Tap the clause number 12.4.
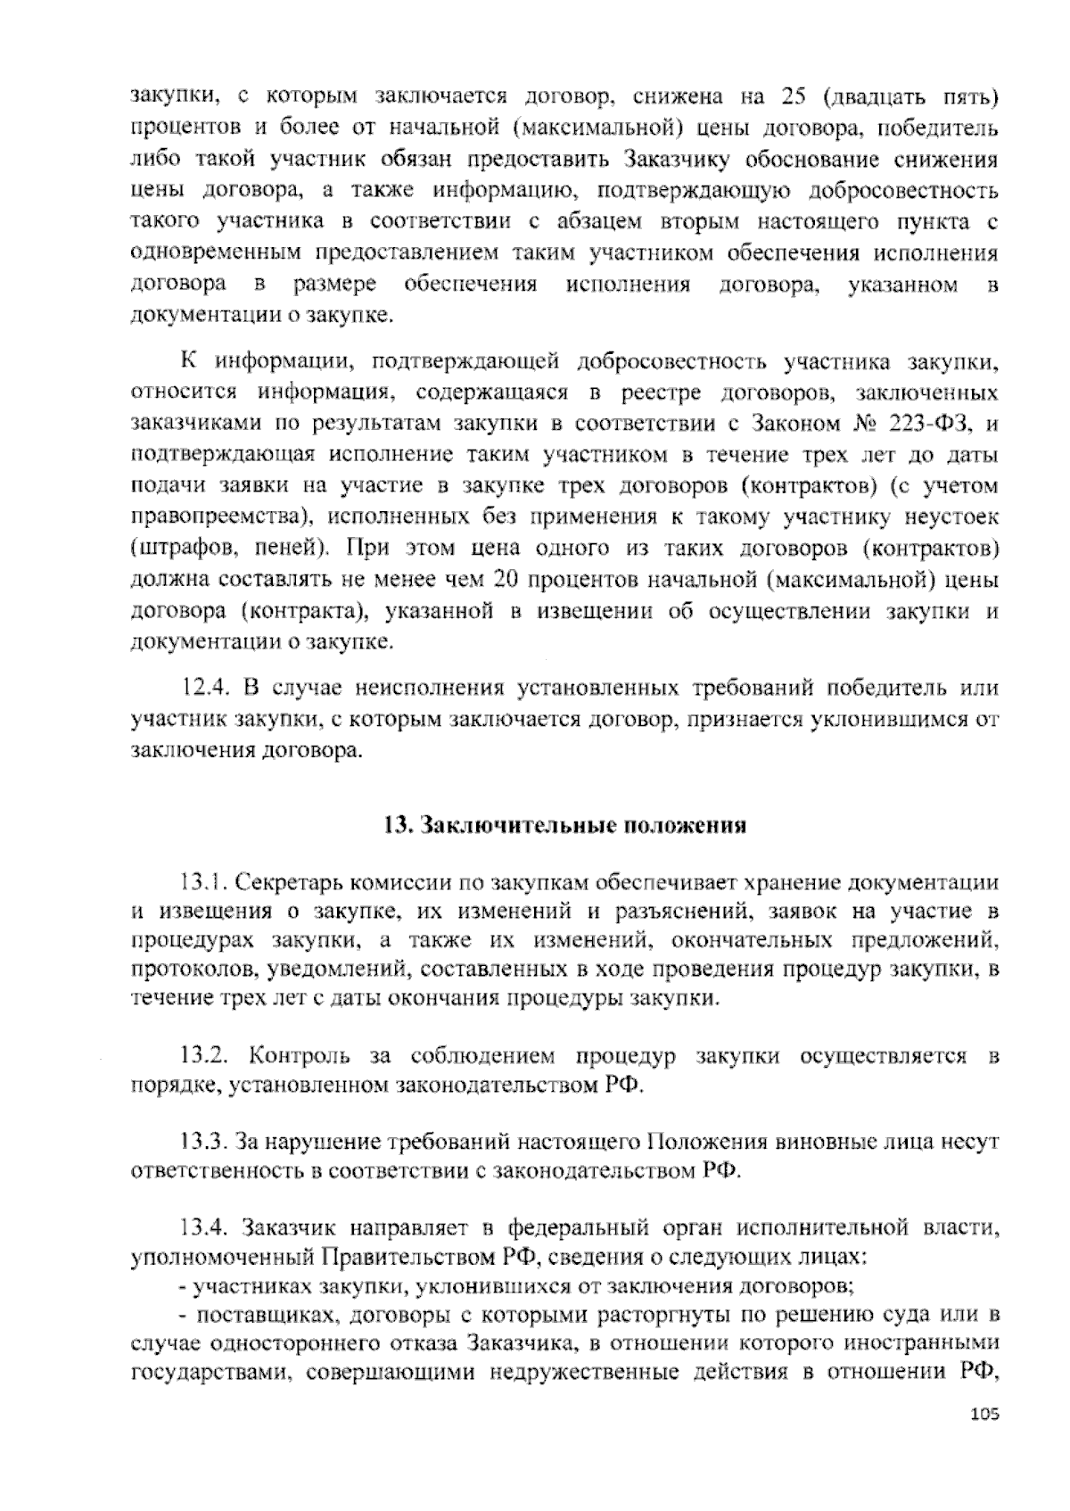[x=206, y=689]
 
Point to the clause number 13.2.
[x=206, y=1056]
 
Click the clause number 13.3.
[x=206, y=1141]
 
